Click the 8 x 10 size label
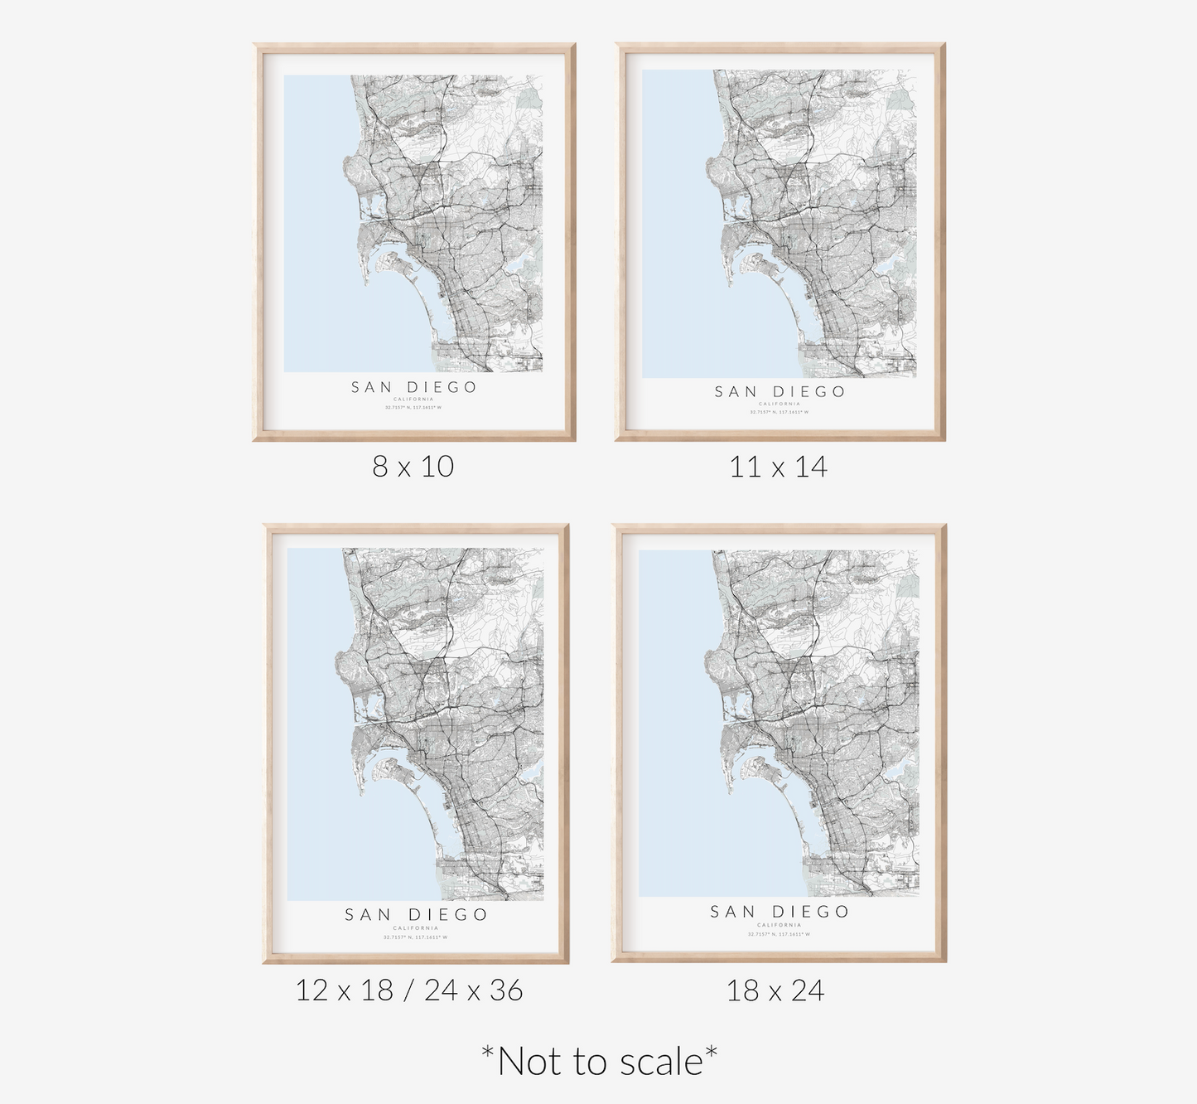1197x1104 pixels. coord(413,467)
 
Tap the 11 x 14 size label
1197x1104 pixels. coord(778,467)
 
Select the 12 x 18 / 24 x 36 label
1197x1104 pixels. coord(409,990)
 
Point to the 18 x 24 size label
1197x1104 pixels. coord(775,990)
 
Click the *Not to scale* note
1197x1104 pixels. coord(599,1062)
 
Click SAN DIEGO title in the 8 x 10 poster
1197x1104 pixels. coord(413,387)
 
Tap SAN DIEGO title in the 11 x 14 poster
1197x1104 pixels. coord(779,392)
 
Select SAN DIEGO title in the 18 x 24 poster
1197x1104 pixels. coord(779,912)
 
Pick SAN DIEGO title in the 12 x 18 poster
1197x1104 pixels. coord(416,915)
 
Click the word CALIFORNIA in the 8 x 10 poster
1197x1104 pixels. coord(413,399)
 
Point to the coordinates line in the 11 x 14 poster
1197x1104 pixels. coord(779,412)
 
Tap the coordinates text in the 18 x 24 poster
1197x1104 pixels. coord(779,934)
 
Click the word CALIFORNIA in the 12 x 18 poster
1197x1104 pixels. coord(416,928)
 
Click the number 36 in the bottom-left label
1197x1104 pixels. coord(505,990)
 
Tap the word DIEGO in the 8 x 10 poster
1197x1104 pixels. coord(442,387)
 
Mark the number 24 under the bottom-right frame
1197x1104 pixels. coord(805,990)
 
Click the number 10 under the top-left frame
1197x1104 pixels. coord(437,467)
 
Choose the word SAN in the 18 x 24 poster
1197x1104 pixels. coord(732,912)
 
